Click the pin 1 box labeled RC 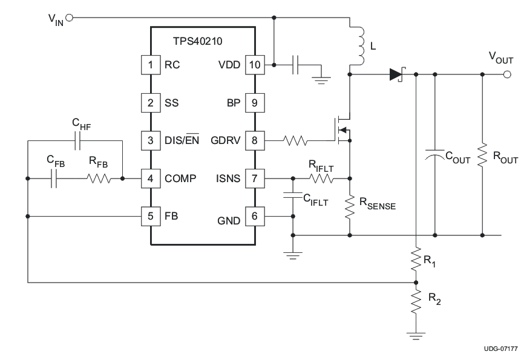(149, 65)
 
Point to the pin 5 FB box (149, 216)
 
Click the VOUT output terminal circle (507, 74)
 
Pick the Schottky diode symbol (397, 74)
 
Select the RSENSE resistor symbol (350, 207)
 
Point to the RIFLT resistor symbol (320, 178)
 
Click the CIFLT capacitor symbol (293, 196)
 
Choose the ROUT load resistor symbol (482, 156)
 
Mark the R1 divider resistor (416, 258)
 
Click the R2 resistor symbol (416, 301)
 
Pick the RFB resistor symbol (98, 178)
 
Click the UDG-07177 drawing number (500, 349)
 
